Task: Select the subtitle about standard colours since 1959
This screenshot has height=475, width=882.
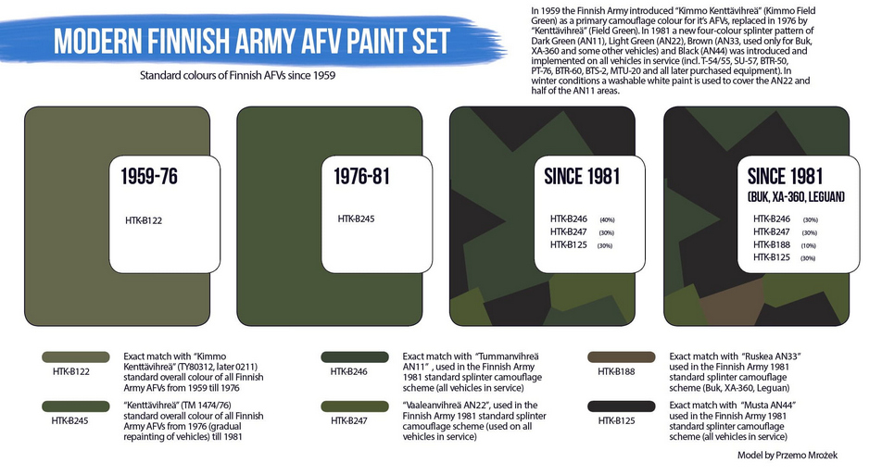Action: pos(237,75)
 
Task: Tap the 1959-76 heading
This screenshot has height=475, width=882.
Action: pos(149,177)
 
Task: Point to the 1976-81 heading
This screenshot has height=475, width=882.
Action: pos(361,177)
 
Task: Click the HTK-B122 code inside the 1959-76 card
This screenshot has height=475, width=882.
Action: pos(144,221)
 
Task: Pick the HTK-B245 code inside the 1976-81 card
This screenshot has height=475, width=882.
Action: pos(356,219)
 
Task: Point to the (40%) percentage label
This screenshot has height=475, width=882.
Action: pos(608,219)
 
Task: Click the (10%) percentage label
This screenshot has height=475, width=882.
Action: pos(808,245)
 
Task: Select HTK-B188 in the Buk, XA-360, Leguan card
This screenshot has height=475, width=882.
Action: pos(772,244)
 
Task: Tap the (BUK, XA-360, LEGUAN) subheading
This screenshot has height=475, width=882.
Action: pos(796,196)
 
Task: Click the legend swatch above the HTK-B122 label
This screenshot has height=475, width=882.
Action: pos(75,357)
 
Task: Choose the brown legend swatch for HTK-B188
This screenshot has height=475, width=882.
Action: pos(621,357)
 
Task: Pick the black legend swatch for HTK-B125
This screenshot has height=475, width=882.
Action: pos(621,406)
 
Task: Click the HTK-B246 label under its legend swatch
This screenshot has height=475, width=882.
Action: pos(348,371)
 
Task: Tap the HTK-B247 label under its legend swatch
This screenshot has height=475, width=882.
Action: pos(348,420)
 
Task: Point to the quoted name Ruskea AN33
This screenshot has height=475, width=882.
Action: pos(771,356)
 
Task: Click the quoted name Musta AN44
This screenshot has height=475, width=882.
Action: pos(768,406)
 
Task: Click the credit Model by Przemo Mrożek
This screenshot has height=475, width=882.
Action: pos(787,455)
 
